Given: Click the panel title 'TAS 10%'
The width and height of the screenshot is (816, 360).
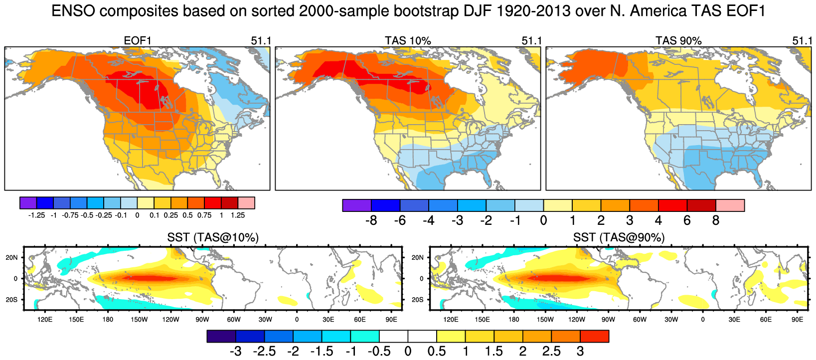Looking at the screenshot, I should [408, 41].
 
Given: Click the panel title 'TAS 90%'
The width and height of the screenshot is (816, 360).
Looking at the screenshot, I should [678, 41].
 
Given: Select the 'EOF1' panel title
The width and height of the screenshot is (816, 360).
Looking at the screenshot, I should [138, 41].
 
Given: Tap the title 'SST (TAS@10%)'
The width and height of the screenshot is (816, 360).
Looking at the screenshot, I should [213, 238].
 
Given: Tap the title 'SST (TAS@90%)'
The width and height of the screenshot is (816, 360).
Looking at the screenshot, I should [619, 238].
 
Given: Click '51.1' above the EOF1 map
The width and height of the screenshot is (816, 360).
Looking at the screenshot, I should [261, 41].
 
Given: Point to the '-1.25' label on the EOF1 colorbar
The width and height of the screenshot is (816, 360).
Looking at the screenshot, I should [36, 215].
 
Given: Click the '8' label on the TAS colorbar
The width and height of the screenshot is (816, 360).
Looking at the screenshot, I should [716, 220].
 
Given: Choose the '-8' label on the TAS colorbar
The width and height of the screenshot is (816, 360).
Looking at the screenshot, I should [371, 220].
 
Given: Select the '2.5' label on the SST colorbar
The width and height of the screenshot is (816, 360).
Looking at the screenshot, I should [551, 352].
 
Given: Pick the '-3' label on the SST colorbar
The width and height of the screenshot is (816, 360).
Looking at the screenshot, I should [235, 352].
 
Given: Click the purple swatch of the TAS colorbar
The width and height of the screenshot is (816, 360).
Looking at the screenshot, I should [357, 205].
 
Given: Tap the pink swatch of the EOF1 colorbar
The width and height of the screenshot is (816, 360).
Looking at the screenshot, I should [246, 202].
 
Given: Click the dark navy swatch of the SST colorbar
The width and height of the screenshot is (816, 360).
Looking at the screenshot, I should [221, 336].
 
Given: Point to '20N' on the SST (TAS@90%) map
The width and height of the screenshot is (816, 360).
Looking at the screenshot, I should [417, 258].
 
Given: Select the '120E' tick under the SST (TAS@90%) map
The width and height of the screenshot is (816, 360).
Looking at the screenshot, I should [451, 320].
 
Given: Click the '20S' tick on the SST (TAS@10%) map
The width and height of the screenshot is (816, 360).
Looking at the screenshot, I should [11, 300].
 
